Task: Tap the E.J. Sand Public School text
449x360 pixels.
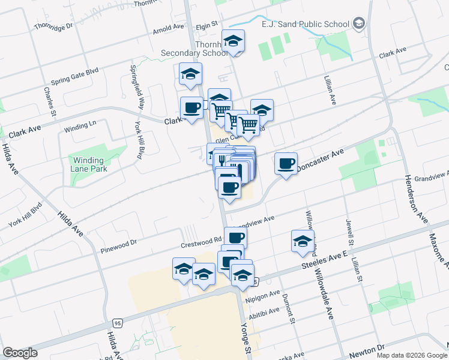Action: point(306,24)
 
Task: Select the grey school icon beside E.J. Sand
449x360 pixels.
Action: point(359,24)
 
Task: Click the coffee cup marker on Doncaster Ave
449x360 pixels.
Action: point(286,164)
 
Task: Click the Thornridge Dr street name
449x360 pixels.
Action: point(53,26)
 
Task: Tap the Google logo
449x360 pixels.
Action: point(20,353)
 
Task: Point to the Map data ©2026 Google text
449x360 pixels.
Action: point(411,355)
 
